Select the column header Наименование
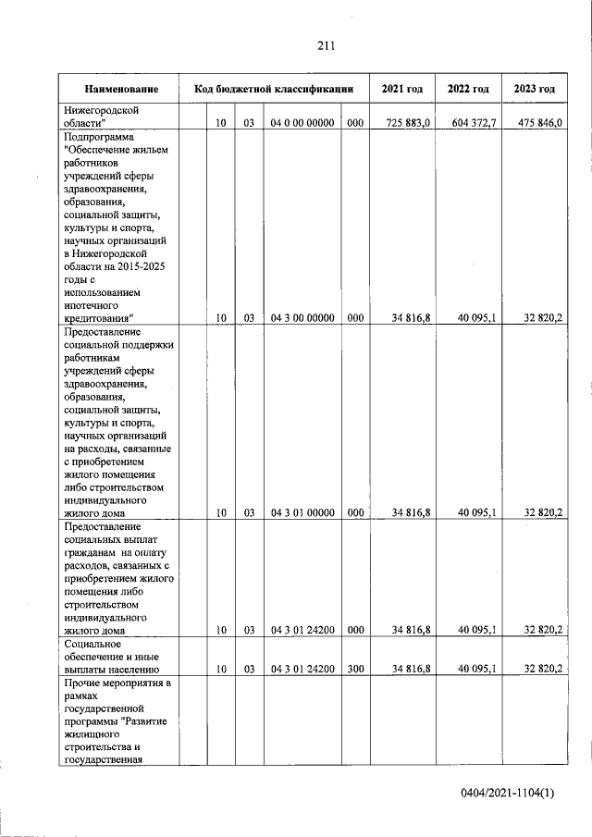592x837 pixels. click(120, 90)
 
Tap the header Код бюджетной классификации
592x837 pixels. click(274, 90)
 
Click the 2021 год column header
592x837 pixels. click(401, 90)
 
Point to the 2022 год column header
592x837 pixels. click(467, 90)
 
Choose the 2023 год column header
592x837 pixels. click(534, 90)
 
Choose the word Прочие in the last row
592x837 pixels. click(83, 682)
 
